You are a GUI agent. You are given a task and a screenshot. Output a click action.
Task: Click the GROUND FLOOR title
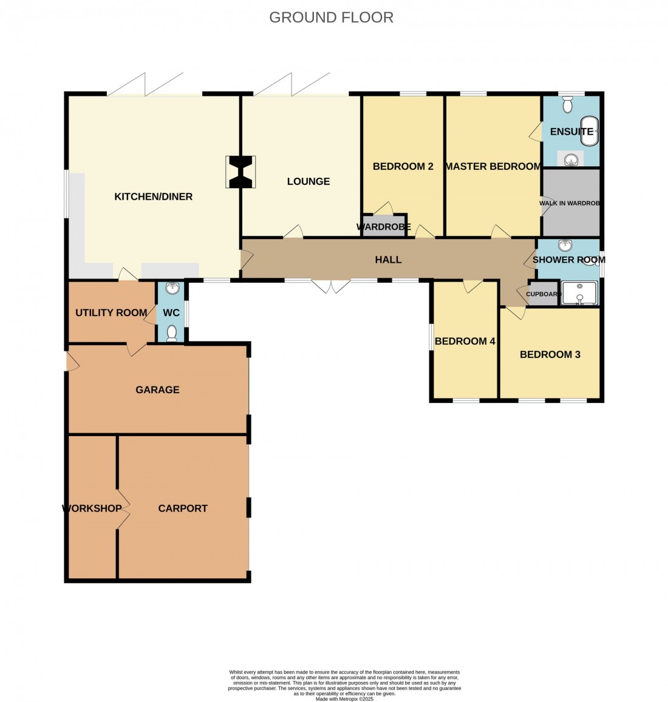331,18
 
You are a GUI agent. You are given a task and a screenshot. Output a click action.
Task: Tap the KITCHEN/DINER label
153,197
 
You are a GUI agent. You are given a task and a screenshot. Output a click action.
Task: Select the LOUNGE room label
308,181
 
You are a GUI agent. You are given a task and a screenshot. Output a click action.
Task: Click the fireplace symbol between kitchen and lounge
240,172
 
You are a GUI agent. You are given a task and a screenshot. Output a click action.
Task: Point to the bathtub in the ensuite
590,132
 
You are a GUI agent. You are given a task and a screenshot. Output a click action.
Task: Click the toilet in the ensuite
568,106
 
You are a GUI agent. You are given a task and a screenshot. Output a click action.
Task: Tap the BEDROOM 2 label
403,166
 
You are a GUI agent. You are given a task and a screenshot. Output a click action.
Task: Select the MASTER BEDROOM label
492,166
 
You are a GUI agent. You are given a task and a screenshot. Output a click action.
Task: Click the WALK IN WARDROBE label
570,203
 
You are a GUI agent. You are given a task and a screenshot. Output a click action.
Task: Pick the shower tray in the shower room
579,293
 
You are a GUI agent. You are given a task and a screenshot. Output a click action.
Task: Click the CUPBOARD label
543,294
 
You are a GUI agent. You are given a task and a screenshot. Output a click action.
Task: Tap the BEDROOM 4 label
465,341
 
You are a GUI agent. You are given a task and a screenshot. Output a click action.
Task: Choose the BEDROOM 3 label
550,354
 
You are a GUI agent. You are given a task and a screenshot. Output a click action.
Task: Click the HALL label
388,260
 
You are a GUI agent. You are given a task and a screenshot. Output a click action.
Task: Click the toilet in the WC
172,332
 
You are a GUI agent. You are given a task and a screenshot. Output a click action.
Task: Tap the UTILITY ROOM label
111,312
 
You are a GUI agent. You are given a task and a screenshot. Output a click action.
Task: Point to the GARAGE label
157,390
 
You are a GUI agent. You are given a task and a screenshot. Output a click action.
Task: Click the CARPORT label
183,508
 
